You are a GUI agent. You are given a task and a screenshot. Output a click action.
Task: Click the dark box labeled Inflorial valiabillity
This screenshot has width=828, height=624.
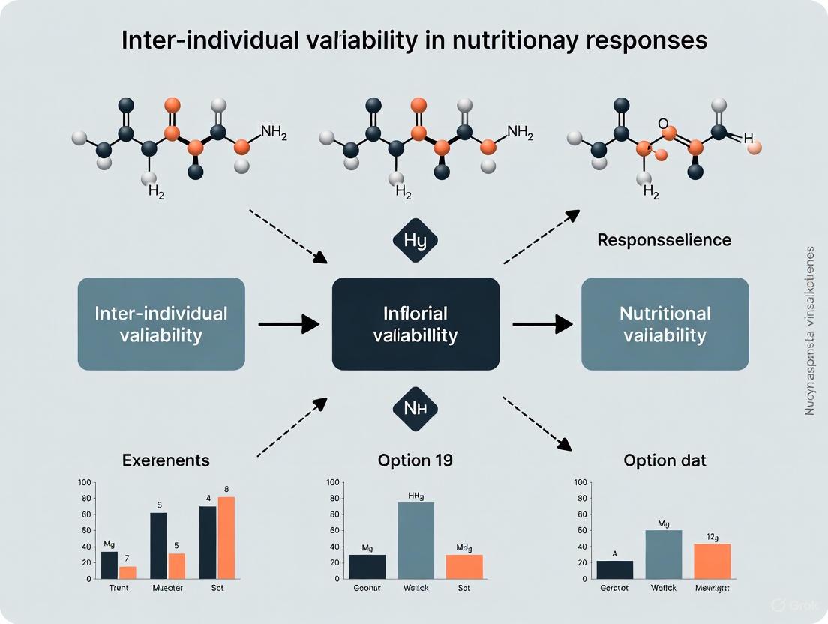[x=415, y=323]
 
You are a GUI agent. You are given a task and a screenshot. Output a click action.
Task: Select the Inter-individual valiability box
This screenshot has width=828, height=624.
[x=161, y=323]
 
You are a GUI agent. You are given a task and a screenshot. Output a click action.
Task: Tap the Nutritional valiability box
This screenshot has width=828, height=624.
[x=664, y=323]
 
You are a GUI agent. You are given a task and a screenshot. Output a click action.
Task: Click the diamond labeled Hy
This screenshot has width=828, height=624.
[x=415, y=241]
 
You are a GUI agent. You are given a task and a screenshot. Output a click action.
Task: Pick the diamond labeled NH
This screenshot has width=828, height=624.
[x=415, y=409]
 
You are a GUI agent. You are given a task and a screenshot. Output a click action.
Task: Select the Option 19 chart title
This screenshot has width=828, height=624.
[x=415, y=460]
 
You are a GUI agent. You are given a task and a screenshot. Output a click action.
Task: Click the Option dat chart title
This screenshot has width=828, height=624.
[x=664, y=460]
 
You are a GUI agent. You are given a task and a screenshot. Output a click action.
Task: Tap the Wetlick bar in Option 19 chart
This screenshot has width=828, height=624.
[x=415, y=540]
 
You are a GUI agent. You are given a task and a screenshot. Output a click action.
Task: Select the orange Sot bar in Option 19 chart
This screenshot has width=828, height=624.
[x=464, y=566]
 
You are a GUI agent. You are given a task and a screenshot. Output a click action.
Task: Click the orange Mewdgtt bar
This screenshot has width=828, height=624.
[x=712, y=561]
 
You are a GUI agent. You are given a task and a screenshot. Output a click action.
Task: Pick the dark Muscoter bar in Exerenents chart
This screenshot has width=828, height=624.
[x=158, y=545]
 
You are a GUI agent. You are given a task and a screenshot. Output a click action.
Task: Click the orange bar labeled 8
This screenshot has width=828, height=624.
[x=226, y=537]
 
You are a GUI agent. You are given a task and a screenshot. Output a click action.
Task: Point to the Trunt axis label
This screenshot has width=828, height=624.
[x=118, y=589]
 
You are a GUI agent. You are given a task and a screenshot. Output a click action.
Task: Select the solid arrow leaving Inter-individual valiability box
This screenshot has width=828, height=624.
[x=288, y=324]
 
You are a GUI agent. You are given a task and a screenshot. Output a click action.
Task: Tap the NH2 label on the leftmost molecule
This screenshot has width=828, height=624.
[x=274, y=131]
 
